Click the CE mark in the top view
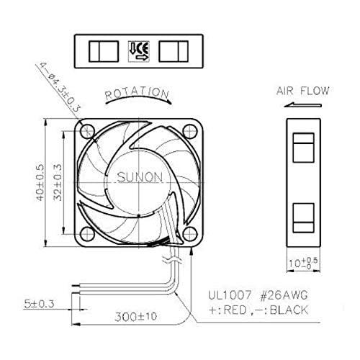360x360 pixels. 138,50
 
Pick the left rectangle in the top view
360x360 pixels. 98,50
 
